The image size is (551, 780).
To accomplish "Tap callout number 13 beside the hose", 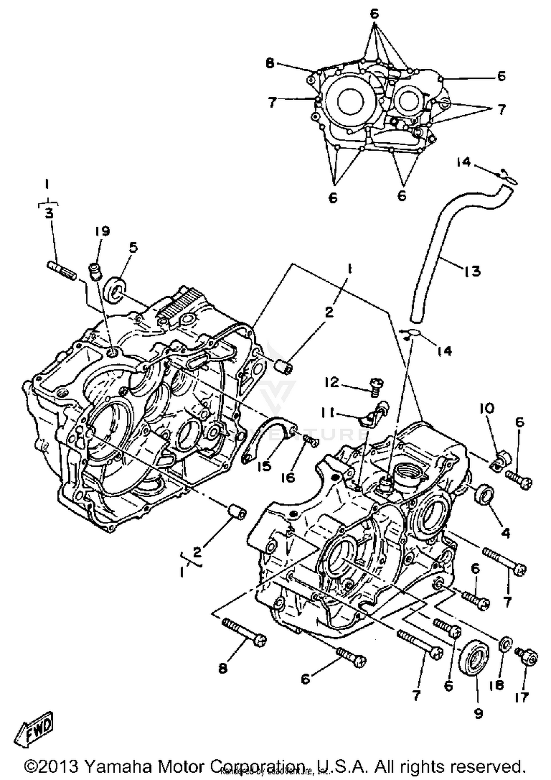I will [x=472, y=271].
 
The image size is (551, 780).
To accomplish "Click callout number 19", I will [x=102, y=231].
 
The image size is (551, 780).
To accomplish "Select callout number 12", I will [x=332, y=382].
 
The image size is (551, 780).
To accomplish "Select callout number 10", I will [x=487, y=409].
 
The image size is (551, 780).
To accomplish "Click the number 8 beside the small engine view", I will [x=270, y=64].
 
